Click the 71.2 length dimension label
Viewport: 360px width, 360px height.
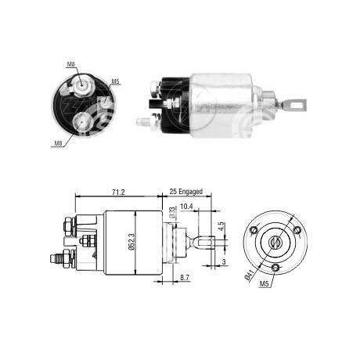coord(118,192)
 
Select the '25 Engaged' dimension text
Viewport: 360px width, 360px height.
coord(185,192)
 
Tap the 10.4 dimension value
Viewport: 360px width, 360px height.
coord(186,207)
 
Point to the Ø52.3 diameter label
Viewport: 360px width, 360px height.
coord(131,243)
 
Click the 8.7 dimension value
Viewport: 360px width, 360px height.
coord(185,278)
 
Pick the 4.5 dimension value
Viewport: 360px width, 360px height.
coord(221,226)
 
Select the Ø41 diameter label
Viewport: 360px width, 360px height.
coord(249,275)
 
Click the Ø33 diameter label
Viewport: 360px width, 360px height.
coord(172,212)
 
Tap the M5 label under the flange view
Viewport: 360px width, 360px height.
coord(264,284)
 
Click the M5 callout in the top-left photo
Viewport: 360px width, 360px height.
coord(115,81)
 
